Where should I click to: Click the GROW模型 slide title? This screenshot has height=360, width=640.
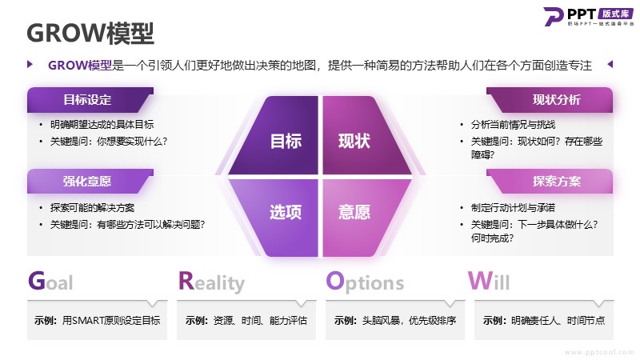[x=90, y=33]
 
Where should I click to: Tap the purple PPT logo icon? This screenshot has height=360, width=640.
[x=554, y=16]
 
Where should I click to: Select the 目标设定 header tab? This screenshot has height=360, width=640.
[x=90, y=99]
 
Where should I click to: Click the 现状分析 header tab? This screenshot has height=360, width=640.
[x=550, y=99]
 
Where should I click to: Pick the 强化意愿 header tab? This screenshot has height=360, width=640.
[x=90, y=182]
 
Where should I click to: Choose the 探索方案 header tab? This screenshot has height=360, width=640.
[x=550, y=182]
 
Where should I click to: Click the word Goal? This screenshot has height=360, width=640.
[x=50, y=282]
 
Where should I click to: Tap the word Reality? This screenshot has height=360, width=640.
[x=211, y=282]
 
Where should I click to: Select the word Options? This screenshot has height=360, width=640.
[x=365, y=282]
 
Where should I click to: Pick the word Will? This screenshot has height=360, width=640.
[x=489, y=281]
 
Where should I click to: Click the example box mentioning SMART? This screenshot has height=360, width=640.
[x=97, y=321]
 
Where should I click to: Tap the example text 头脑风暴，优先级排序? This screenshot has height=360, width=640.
[x=409, y=321]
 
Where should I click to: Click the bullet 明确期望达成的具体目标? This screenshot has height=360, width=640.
[x=102, y=125]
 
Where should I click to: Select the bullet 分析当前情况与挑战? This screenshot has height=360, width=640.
[x=513, y=125]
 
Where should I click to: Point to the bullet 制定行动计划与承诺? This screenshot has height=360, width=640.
[x=513, y=208]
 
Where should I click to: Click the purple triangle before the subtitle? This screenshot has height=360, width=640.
[x=30, y=64]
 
